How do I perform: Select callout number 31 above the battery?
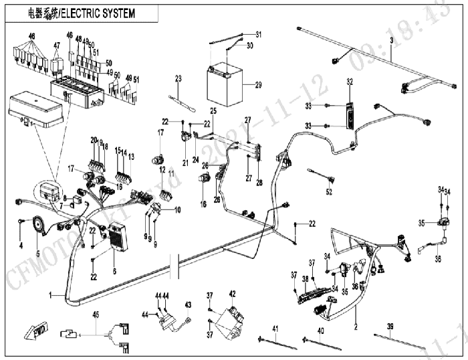tap(259, 34)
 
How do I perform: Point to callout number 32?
tap(348, 82)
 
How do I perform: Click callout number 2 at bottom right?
tap(356, 329)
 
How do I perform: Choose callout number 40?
tap(320, 331)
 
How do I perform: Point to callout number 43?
tap(188, 304)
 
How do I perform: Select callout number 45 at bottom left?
tap(96, 313)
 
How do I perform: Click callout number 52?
tap(328, 192)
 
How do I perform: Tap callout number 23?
tap(178, 78)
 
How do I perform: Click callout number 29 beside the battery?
tap(259, 85)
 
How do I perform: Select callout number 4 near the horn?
tap(21, 245)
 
